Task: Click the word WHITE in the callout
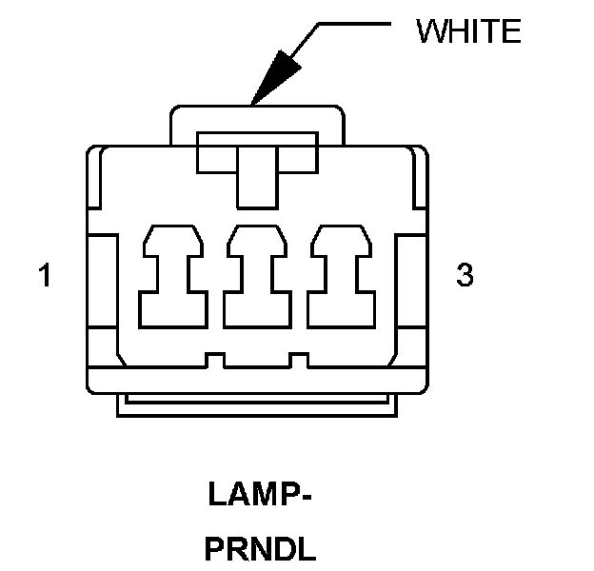point(469,31)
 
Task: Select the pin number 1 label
point(44,276)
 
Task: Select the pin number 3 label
point(465,276)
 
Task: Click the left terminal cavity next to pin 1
point(173,276)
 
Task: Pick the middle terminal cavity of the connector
point(257,276)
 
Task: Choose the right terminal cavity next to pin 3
point(344,276)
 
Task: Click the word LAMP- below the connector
point(259,496)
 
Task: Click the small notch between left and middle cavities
point(214,360)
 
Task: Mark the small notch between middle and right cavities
point(299,360)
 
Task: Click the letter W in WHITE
point(430,31)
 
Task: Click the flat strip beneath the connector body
point(258,405)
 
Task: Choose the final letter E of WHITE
point(511,31)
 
